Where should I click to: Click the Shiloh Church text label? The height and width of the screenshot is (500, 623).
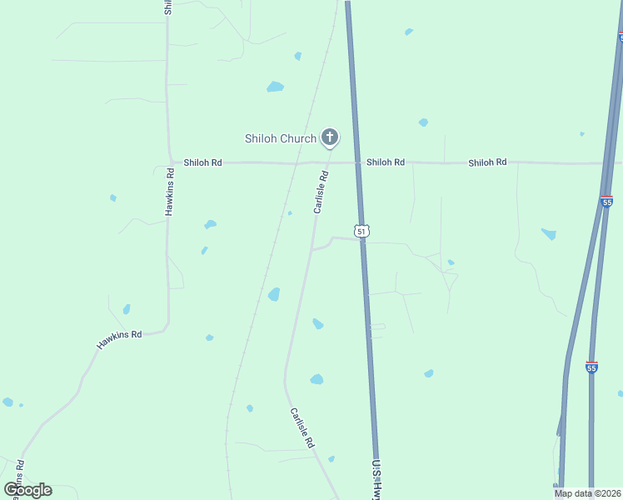pyautogui.click(x=280, y=138)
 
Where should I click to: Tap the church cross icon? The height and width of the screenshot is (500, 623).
pyautogui.click(x=330, y=137)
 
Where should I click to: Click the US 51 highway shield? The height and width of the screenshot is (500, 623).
pyautogui.click(x=361, y=230)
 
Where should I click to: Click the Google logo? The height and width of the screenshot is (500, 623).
pyautogui.click(x=27, y=490)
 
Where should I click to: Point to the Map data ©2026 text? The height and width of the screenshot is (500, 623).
pyautogui.click(x=586, y=493)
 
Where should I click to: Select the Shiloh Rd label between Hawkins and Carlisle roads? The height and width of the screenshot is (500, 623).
pyautogui.click(x=202, y=162)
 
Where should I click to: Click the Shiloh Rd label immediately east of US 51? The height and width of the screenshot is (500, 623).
pyautogui.click(x=386, y=162)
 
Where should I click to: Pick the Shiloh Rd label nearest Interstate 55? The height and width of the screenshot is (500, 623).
pyautogui.click(x=487, y=162)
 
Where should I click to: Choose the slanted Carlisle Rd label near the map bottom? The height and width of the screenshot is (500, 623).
pyautogui.click(x=302, y=427)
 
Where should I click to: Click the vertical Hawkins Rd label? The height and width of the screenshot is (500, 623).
pyautogui.click(x=169, y=192)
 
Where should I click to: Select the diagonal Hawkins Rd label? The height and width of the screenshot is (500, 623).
pyautogui.click(x=119, y=340)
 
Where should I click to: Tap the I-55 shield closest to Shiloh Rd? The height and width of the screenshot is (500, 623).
pyautogui.click(x=606, y=202)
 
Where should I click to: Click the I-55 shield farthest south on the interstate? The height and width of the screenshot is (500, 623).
pyautogui.click(x=591, y=367)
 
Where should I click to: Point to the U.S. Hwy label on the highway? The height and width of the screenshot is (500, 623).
pyautogui.click(x=376, y=479)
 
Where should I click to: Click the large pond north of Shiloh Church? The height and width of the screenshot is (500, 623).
pyautogui.click(x=275, y=87)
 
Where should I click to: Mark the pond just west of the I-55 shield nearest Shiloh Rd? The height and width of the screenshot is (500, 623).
pyautogui.click(x=548, y=234)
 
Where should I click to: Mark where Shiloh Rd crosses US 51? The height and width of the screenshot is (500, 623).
pyautogui.click(x=358, y=162)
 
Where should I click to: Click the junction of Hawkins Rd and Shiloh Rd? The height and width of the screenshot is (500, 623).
pyautogui.click(x=168, y=162)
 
